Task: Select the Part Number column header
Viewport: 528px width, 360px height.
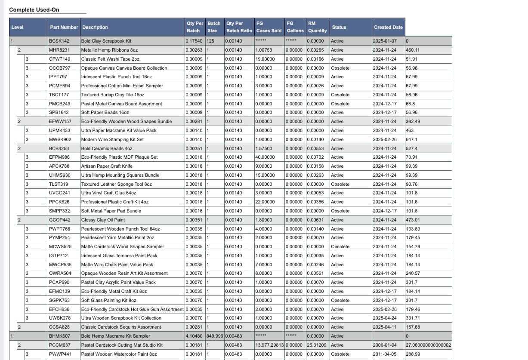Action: point(64,27)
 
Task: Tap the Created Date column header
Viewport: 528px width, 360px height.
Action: point(388,27)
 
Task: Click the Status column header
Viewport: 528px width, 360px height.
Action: point(339,27)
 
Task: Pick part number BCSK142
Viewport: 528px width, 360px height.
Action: point(59,41)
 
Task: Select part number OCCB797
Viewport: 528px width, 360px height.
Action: point(60,68)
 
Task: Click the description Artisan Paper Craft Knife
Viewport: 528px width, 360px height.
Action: point(107,166)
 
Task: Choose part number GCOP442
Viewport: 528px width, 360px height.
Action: point(59,220)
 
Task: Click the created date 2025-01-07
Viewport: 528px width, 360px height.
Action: point(384,41)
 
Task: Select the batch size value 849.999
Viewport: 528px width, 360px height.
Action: point(215,336)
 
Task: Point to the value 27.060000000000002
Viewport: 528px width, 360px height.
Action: point(428,345)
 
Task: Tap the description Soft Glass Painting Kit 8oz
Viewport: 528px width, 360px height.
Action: point(108,300)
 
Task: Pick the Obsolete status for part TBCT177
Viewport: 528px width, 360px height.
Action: point(340,95)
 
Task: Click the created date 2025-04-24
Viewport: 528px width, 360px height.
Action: point(384,318)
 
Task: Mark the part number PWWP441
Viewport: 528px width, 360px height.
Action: point(60,354)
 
